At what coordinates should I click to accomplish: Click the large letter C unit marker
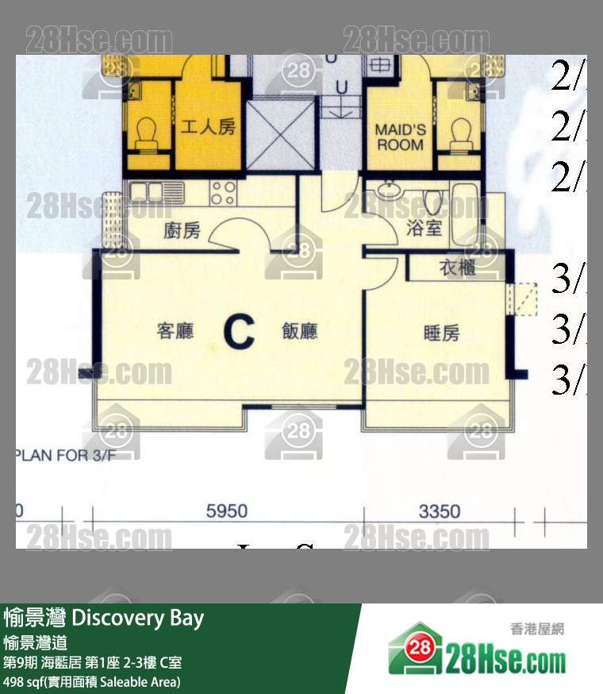tap(239, 333)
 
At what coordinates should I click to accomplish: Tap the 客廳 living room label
tap(175, 331)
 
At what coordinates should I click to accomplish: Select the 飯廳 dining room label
tap(300, 331)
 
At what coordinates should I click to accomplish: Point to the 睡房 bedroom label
tap(441, 334)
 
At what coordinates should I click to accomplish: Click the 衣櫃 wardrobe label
tap(457, 268)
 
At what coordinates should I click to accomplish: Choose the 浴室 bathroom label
tap(424, 229)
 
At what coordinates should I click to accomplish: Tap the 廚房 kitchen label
tap(182, 231)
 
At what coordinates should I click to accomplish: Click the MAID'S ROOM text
tap(400, 137)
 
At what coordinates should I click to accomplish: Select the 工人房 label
tap(208, 126)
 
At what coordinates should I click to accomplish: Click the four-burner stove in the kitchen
tap(224, 193)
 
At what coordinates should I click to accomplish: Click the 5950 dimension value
tap(227, 511)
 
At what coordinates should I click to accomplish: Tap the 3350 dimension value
tap(439, 511)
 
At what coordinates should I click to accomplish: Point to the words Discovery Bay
tap(138, 619)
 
